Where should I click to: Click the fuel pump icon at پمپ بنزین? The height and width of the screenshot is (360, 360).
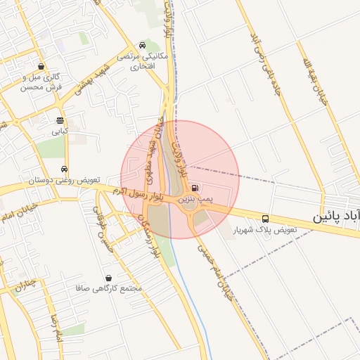coord(194,188)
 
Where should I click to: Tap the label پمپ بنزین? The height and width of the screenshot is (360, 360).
coord(195,200)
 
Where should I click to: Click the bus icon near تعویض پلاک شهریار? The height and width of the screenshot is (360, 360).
coord(265,219)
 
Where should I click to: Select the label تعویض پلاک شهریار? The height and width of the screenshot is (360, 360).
coord(268,230)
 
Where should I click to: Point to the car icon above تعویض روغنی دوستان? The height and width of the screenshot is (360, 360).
coord(64,169)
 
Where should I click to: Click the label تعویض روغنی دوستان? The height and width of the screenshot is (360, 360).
coord(64,181)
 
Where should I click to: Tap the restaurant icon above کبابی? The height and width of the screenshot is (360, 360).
coord(60,120)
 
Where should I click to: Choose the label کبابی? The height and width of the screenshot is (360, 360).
coord(60,131)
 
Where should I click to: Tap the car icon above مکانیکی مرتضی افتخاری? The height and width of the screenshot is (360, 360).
coord(143,44)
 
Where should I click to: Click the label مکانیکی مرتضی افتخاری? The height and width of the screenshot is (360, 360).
coord(143,60)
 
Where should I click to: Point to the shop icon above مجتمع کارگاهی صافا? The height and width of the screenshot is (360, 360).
coord(108,278)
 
